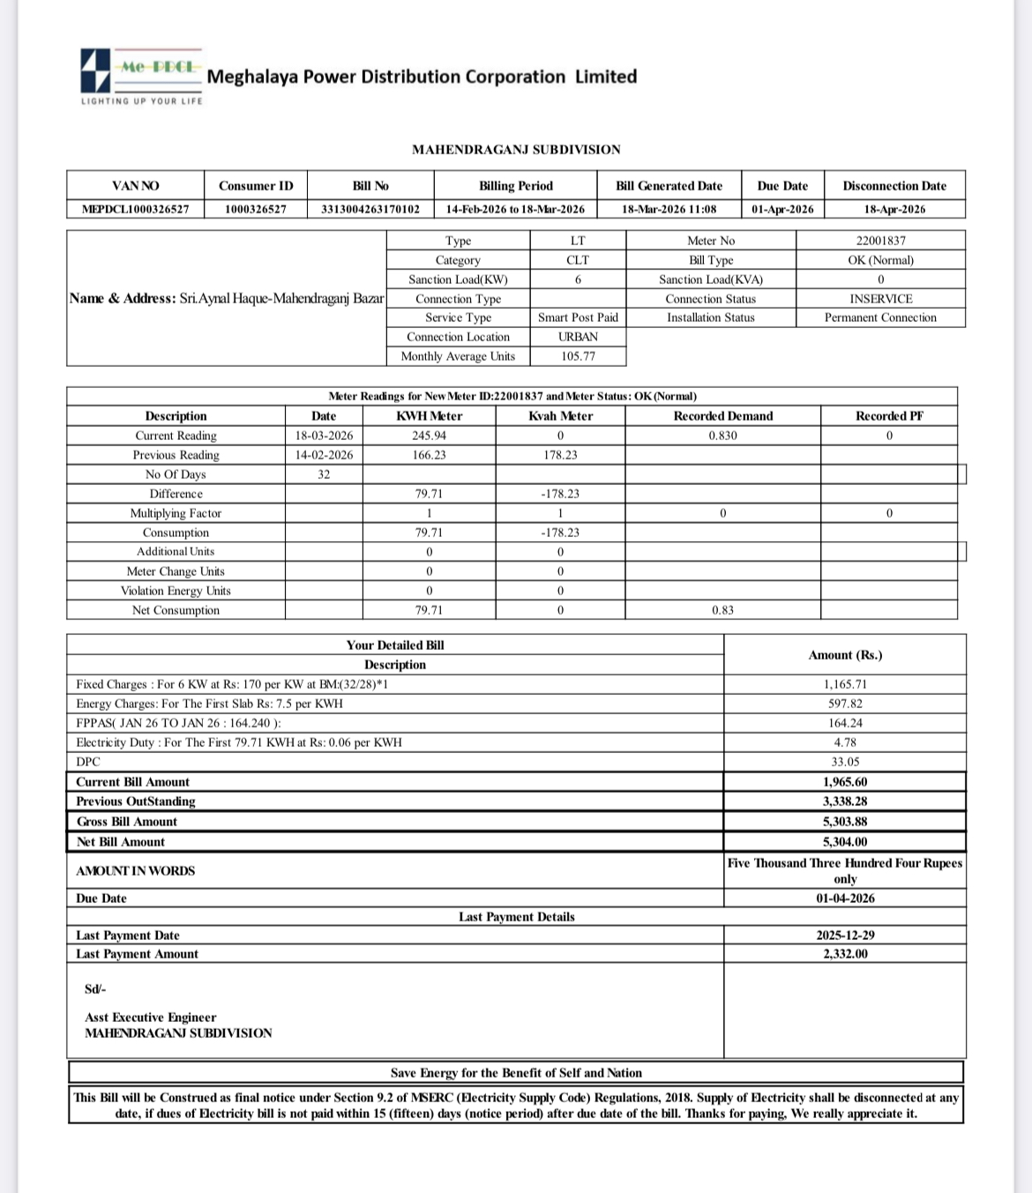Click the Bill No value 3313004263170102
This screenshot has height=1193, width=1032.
[x=370, y=209]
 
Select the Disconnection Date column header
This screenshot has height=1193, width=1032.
[x=894, y=186]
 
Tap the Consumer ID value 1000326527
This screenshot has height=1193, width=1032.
[x=256, y=209]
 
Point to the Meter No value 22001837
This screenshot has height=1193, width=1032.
[x=880, y=241]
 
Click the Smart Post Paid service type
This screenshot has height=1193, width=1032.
[x=578, y=317]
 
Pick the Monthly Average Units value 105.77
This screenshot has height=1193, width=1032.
[x=578, y=356]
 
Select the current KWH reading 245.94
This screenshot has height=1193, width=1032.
[x=429, y=436]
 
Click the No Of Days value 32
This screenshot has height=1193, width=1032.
[x=324, y=474]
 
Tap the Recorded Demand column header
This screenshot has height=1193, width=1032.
[x=722, y=416]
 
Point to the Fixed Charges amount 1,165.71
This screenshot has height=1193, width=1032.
[x=845, y=684]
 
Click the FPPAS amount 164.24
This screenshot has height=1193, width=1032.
[x=845, y=723]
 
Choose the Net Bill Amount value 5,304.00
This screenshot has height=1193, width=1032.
[x=845, y=842]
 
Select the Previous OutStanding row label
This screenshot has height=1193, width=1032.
[x=136, y=802]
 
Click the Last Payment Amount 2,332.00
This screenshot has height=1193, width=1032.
[x=845, y=954]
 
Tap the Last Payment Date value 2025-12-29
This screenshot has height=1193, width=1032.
[x=845, y=936]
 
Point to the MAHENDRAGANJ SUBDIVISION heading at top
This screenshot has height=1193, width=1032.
[x=516, y=150]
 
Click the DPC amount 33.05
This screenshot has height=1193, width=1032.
[x=845, y=762]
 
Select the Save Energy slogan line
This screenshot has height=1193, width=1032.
[x=516, y=1073]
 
